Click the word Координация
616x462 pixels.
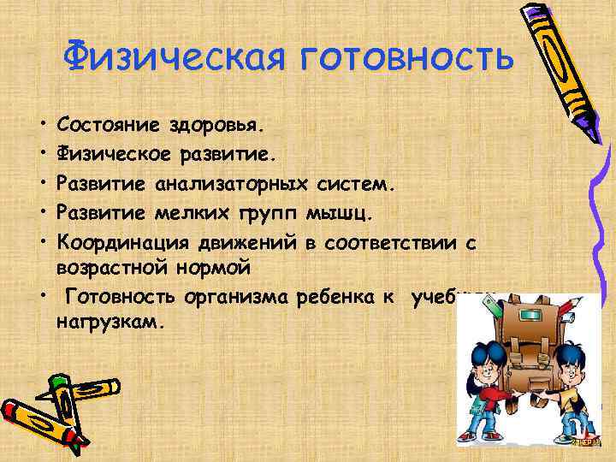120,242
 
